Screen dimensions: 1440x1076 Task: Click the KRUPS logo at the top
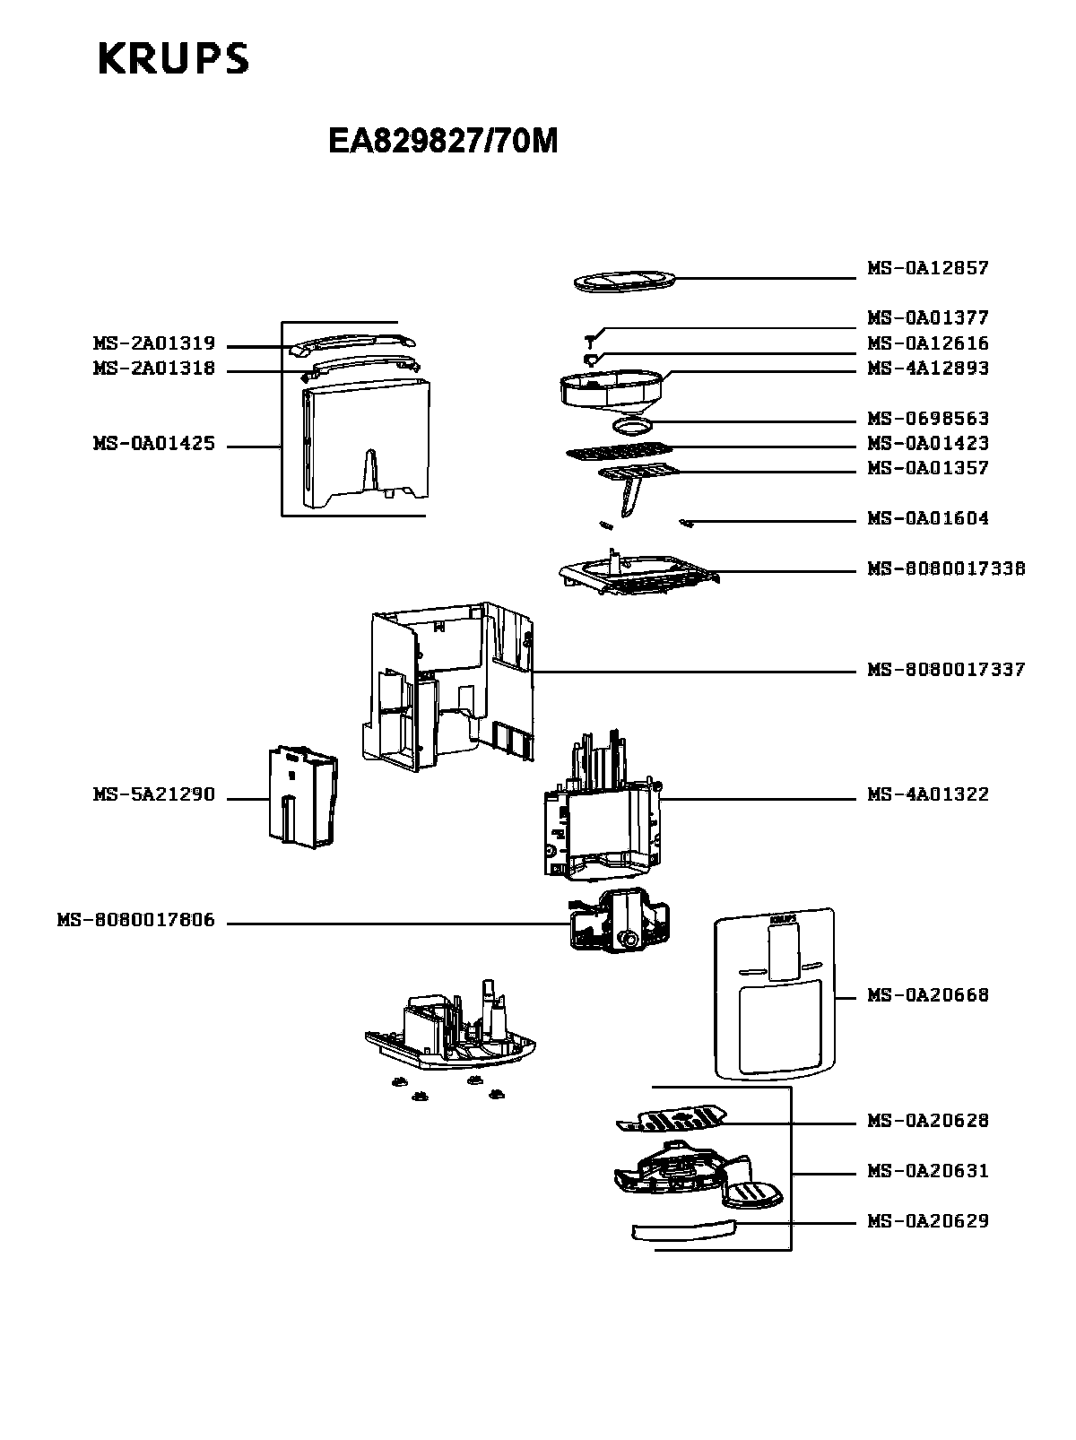coord(172,59)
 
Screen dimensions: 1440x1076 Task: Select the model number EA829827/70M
coord(443,141)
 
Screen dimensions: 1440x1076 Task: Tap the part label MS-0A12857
coord(927,268)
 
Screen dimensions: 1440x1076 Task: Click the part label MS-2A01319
coord(153,343)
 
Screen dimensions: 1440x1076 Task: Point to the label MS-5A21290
coord(153,795)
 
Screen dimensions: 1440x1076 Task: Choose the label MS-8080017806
coord(135,921)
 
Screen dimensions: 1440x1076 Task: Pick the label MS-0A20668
coord(927,995)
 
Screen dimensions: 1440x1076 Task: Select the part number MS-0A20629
coord(927,1221)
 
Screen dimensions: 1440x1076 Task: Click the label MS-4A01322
coord(927,794)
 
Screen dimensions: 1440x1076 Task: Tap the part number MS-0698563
coord(927,419)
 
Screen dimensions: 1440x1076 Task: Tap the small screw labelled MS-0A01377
coord(591,339)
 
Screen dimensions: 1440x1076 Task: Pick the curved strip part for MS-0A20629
coord(684,1229)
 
